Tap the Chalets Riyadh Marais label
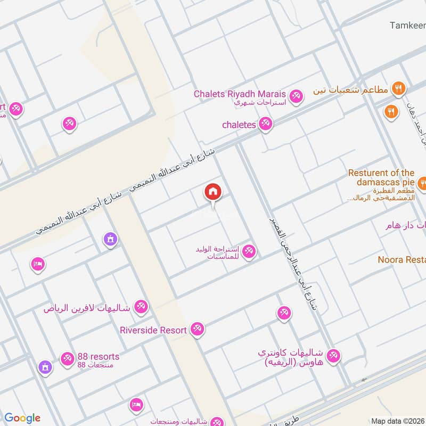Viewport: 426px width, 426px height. point(240,94)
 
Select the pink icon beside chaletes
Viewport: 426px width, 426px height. point(265,125)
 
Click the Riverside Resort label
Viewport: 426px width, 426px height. point(153,330)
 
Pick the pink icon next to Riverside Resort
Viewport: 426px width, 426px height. point(197,330)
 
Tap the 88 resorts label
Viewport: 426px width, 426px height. point(98,356)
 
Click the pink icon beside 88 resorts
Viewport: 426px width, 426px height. point(67,359)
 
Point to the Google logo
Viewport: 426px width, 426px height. point(22,418)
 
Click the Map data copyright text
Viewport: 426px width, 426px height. point(398,421)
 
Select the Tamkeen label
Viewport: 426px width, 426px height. point(407,25)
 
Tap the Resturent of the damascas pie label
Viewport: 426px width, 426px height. point(381,177)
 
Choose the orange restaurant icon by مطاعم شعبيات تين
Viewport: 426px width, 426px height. point(398,89)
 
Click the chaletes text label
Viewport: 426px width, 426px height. point(239,125)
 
